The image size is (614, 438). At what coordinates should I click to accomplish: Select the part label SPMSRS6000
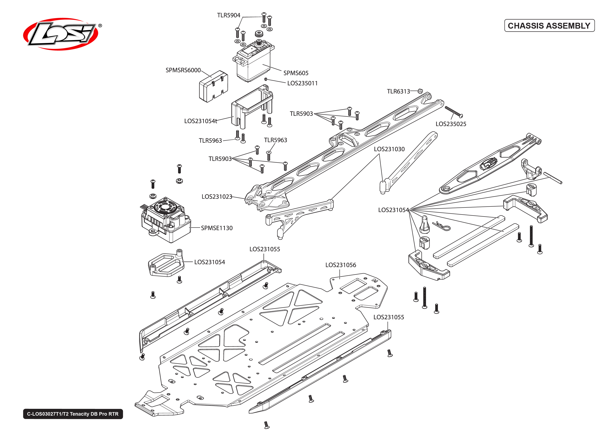coord(183,70)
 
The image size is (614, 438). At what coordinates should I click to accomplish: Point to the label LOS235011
coord(302,83)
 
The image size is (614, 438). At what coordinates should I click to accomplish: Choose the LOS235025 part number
coord(451,124)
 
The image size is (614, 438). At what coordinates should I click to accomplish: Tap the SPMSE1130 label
coord(216,228)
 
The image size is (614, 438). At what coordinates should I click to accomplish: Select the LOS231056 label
coord(340,265)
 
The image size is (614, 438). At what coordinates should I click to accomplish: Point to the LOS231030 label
coord(389,149)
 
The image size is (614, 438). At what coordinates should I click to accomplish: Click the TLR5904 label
coord(228,15)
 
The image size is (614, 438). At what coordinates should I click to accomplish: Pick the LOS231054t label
coord(200,121)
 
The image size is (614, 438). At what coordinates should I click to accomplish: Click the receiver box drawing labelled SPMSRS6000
coord(213,87)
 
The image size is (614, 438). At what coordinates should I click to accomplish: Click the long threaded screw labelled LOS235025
coord(453,112)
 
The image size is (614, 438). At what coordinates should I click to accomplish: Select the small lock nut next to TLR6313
coord(420,91)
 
